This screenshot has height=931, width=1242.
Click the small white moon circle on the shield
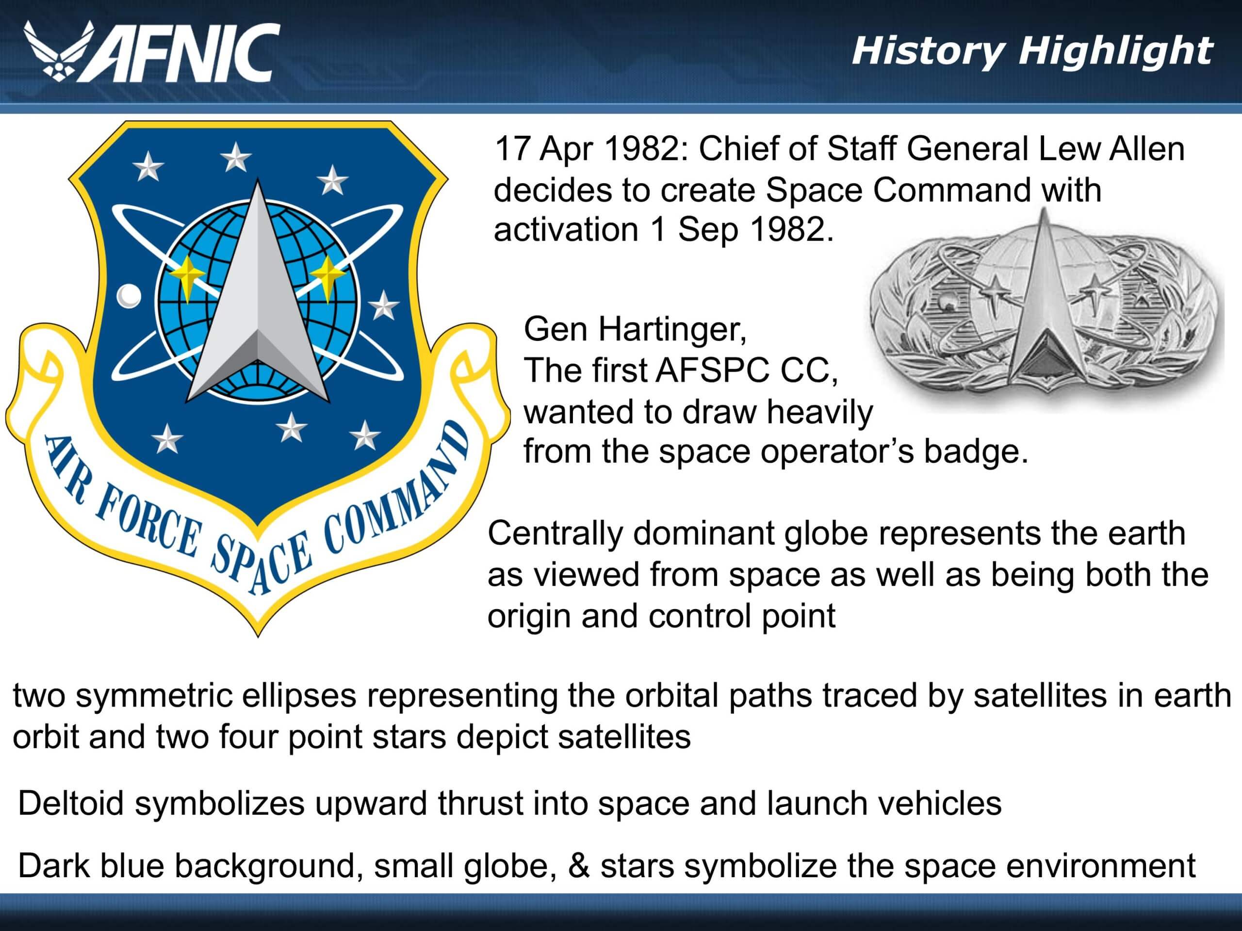coord(129,296)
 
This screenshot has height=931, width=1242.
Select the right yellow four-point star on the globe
coord(328,273)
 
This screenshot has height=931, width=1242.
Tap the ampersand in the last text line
coord(578,866)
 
